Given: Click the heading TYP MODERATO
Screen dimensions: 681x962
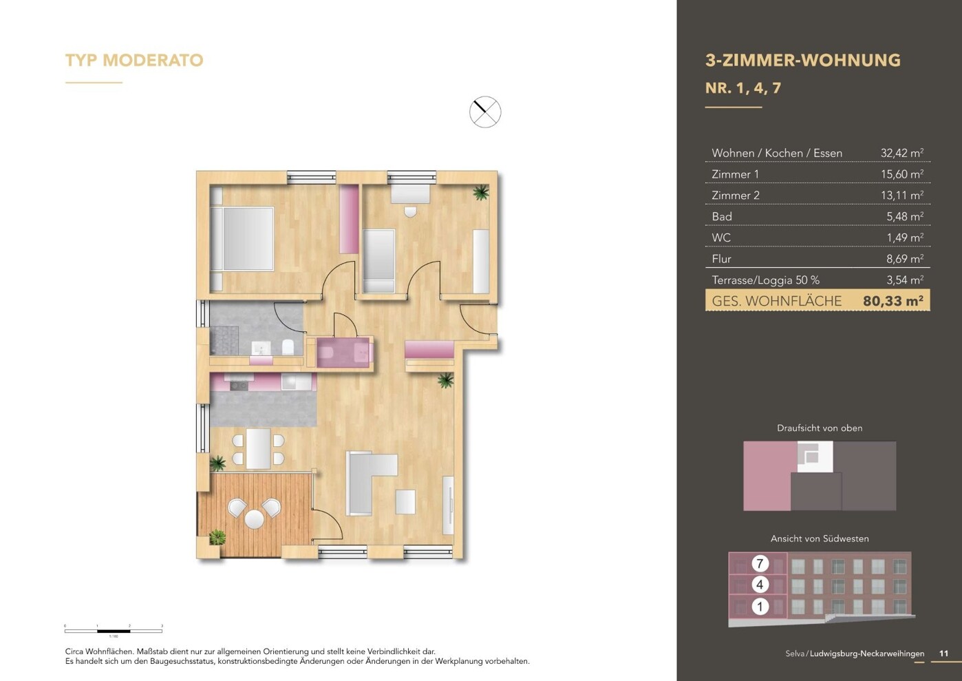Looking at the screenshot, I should point(134,61).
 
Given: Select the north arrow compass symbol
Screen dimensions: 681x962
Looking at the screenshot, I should point(485,112).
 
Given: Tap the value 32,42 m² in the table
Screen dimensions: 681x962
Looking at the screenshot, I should point(901,153).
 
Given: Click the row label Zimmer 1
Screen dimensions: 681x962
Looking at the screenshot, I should point(735,174).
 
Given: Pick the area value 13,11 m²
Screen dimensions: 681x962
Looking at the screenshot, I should point(901,196).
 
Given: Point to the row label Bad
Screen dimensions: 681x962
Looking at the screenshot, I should point(722,217).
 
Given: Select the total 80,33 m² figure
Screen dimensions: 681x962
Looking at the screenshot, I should point(892,301).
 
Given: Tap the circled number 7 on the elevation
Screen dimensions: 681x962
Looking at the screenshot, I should point(760,563).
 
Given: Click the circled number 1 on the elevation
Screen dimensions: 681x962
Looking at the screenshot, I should point(760,607).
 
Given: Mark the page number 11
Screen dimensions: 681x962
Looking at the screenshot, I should point(943,653).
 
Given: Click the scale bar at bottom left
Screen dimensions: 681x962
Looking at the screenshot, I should point(114,630).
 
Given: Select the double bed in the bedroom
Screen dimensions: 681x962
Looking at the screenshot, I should point(242,238).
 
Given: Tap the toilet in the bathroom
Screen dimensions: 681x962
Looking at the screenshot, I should point(288,346).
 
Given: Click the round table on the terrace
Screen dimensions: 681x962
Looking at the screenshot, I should point(254,518).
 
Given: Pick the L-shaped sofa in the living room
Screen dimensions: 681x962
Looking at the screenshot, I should point(365,482).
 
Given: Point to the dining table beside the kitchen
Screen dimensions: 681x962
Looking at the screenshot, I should point(258,448).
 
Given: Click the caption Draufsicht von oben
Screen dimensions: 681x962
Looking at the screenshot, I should point(819,428).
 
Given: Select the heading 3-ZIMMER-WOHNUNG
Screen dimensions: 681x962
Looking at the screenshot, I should point(802,61).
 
